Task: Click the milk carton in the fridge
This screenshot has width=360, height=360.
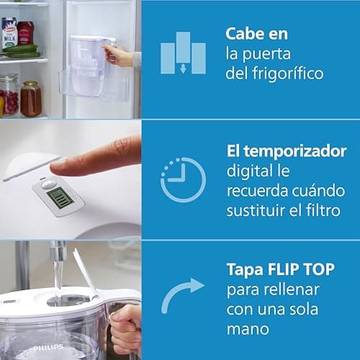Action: pyautogui.click(x=9, y=33)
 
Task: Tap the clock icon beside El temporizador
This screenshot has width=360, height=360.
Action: pyautogui.click(x=183, y=179)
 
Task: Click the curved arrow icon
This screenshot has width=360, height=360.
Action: pyautogui.click(x=181, y=297)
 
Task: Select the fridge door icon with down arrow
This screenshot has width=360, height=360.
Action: pyautogui.click(x=183, y=53)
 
